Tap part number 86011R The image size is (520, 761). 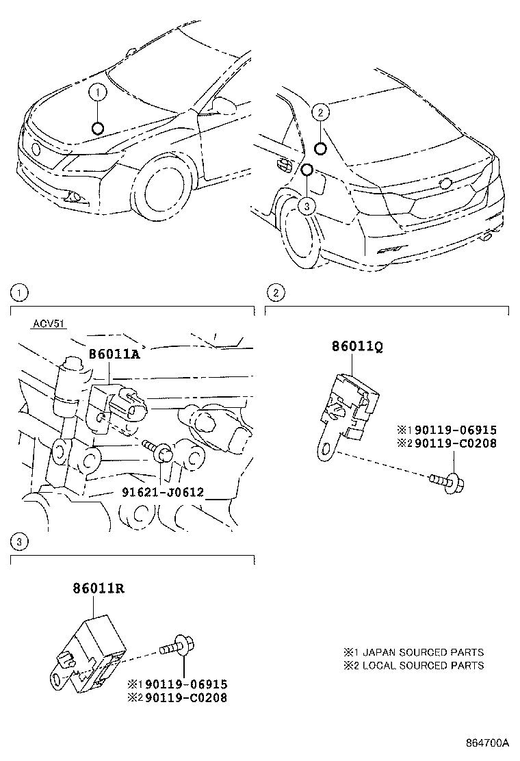99,587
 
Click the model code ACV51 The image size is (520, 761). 48,324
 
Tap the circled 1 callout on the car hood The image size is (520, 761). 98,91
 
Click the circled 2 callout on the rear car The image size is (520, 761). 322,112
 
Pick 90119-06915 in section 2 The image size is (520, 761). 451,430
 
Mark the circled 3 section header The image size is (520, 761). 20,541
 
